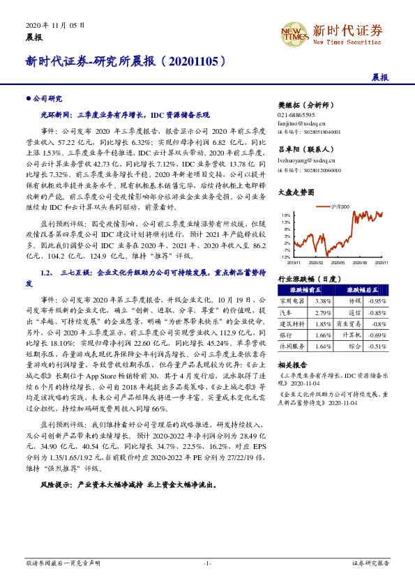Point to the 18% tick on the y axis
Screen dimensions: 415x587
(x=285, y=215)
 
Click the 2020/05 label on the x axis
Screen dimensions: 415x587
(x=337, y=263)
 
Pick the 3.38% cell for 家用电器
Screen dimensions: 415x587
(x=323, y=300)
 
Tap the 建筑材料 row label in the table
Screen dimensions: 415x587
(x=292, y=323)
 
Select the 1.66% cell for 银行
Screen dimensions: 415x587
(x=323, y=335)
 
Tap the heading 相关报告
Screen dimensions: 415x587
(x=289, y=365)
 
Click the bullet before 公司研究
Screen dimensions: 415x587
(x=27, y=99)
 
